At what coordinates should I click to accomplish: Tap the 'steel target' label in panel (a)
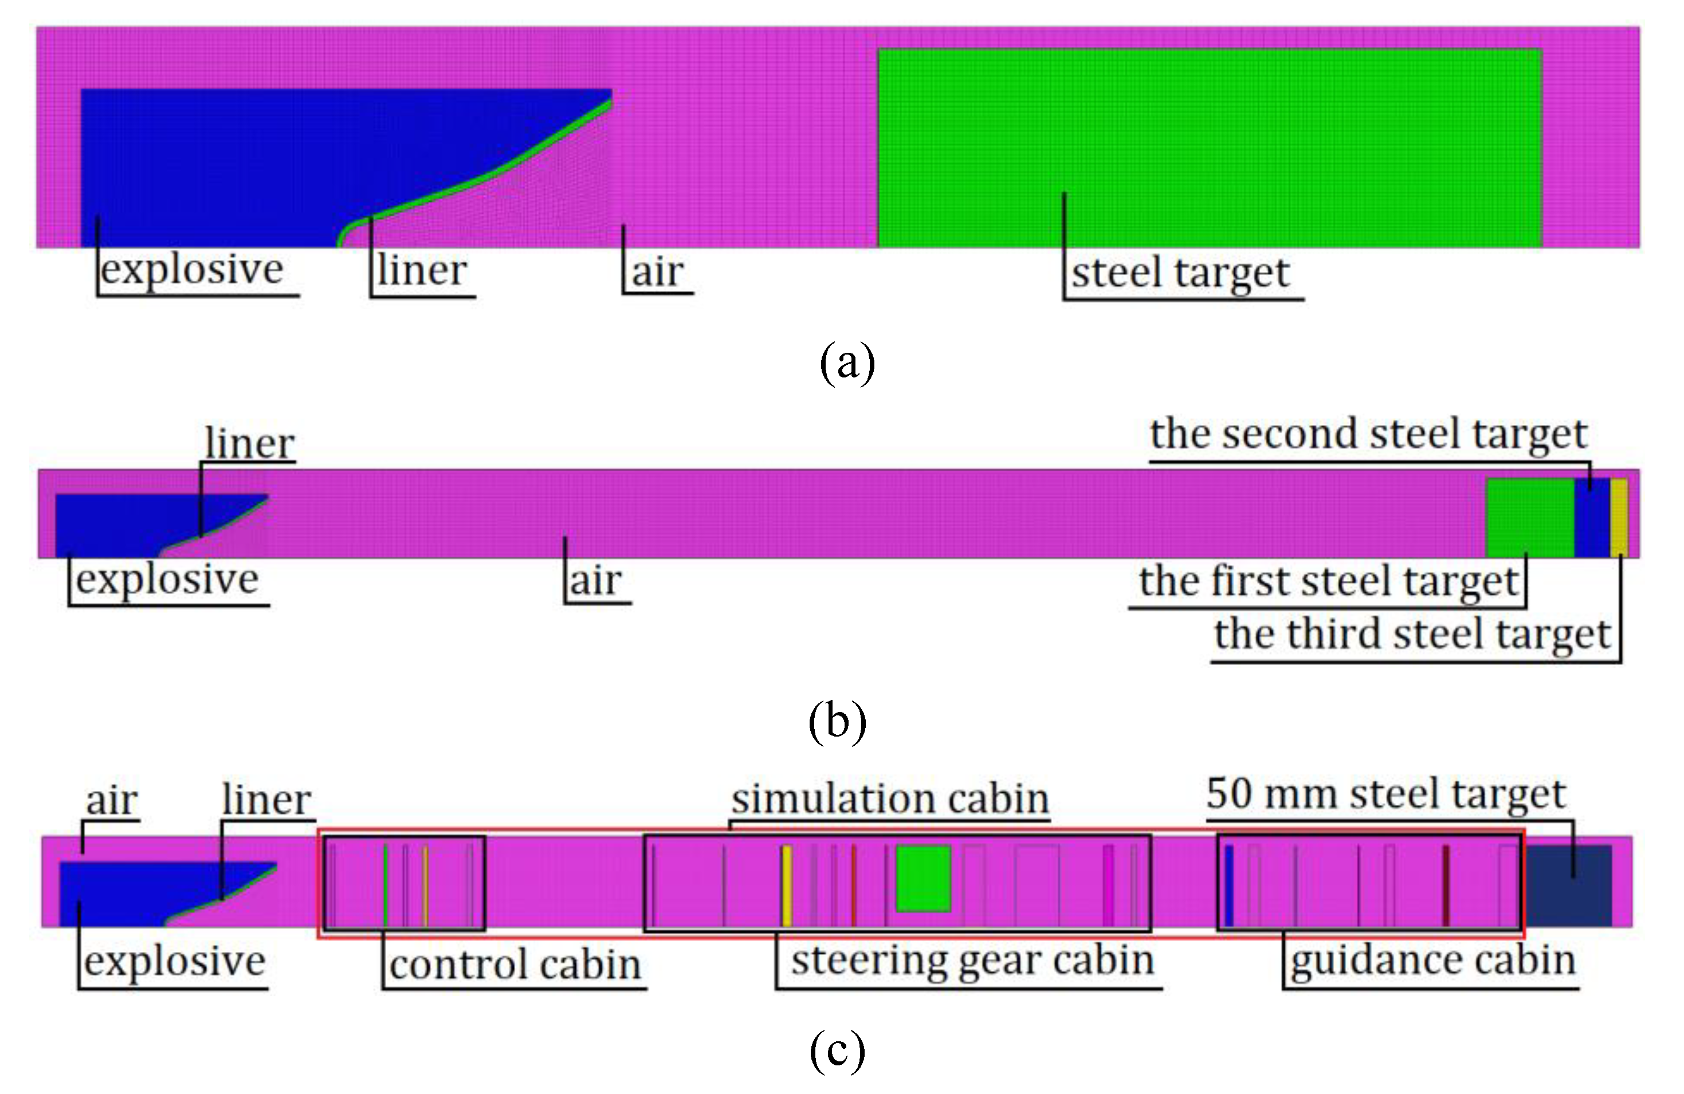pyautogui.click(x=1180, y=273)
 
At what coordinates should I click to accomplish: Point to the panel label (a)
pyautogui.click(x=846, y=362)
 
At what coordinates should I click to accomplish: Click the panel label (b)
pyautogui.click(x=837, y=721)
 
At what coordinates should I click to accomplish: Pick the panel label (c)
pyautogui.click(x=837, y=1049)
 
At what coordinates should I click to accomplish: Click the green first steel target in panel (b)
pyautogui.click(x=1530, y=518)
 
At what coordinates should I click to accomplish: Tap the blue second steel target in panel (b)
pyautogui.click(x=1591, y=518)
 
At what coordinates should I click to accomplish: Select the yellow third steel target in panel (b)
pyautogui.click(x=1619, y=518)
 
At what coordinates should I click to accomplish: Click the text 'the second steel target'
pyautogui.click(x=1368, y=434)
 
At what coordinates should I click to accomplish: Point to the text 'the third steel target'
pyautogui.click(x=1412, y=634)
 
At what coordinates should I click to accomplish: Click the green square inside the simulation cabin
pyautogui.click(x=923, y=877)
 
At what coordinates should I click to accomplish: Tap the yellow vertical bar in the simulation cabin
pyautogui.click(x=786, y=885)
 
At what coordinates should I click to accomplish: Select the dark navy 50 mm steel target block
pyautogui.click(x=1568, y=885)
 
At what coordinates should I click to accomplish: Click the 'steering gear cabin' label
pyautogui.click(x=972, y=961)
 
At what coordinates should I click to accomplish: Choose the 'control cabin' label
pyautogui.click(x=515, y=965)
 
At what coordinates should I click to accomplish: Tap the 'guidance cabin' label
pyautogui.click(x=1433, y=961)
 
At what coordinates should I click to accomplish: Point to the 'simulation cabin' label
pyautogui.click(x=890, y=798)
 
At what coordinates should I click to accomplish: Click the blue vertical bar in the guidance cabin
pyautogui.click(x=1229, y=885)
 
